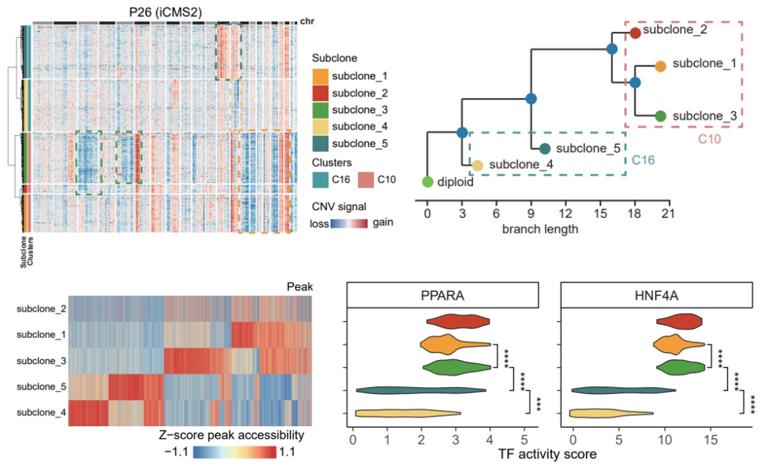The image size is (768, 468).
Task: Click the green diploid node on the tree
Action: pyautogui.click(x=427, y=181)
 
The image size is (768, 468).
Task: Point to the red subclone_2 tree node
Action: pyautogui.click(x=636, y=33)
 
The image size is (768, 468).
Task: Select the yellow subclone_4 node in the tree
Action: pyautogui.click(x=477, y=165)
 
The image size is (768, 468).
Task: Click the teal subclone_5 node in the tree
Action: pyautogui.click(x=545, y=149)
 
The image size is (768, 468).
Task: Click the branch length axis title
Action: pyautogui.click(x=540, y=229)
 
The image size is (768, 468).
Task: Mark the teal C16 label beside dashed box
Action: pyautogui.click(x=644, y=160)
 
